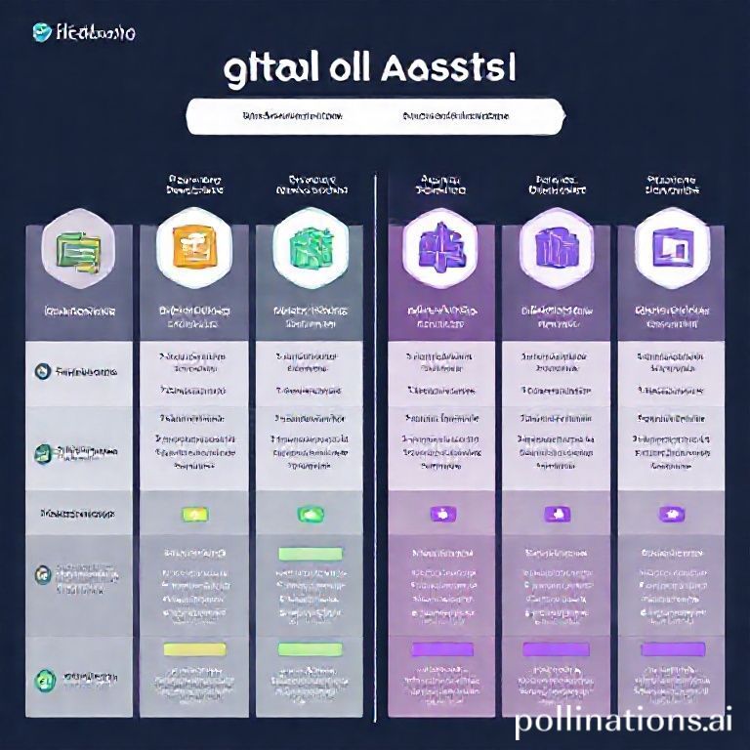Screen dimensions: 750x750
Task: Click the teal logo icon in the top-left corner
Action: tap(41, 32)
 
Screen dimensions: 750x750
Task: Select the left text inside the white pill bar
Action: tap(291, 116)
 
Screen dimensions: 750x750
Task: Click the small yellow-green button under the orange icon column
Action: tap(192, 513)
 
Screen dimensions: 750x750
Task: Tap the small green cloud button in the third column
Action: tap(309, 513)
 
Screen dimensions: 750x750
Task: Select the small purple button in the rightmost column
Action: tap(670, 513)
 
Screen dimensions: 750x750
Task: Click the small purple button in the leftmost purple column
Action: tap(437, 513)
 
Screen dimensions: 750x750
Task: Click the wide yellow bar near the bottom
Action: tap(192, 648)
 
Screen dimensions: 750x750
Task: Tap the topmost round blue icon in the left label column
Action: tap(41, 371)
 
